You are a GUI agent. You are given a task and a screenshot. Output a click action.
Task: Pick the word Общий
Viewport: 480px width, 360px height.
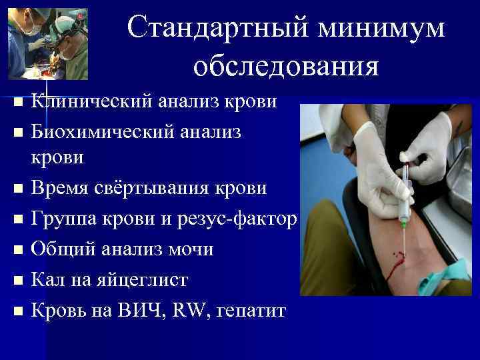pyautogui.click(x=65, y=249)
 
